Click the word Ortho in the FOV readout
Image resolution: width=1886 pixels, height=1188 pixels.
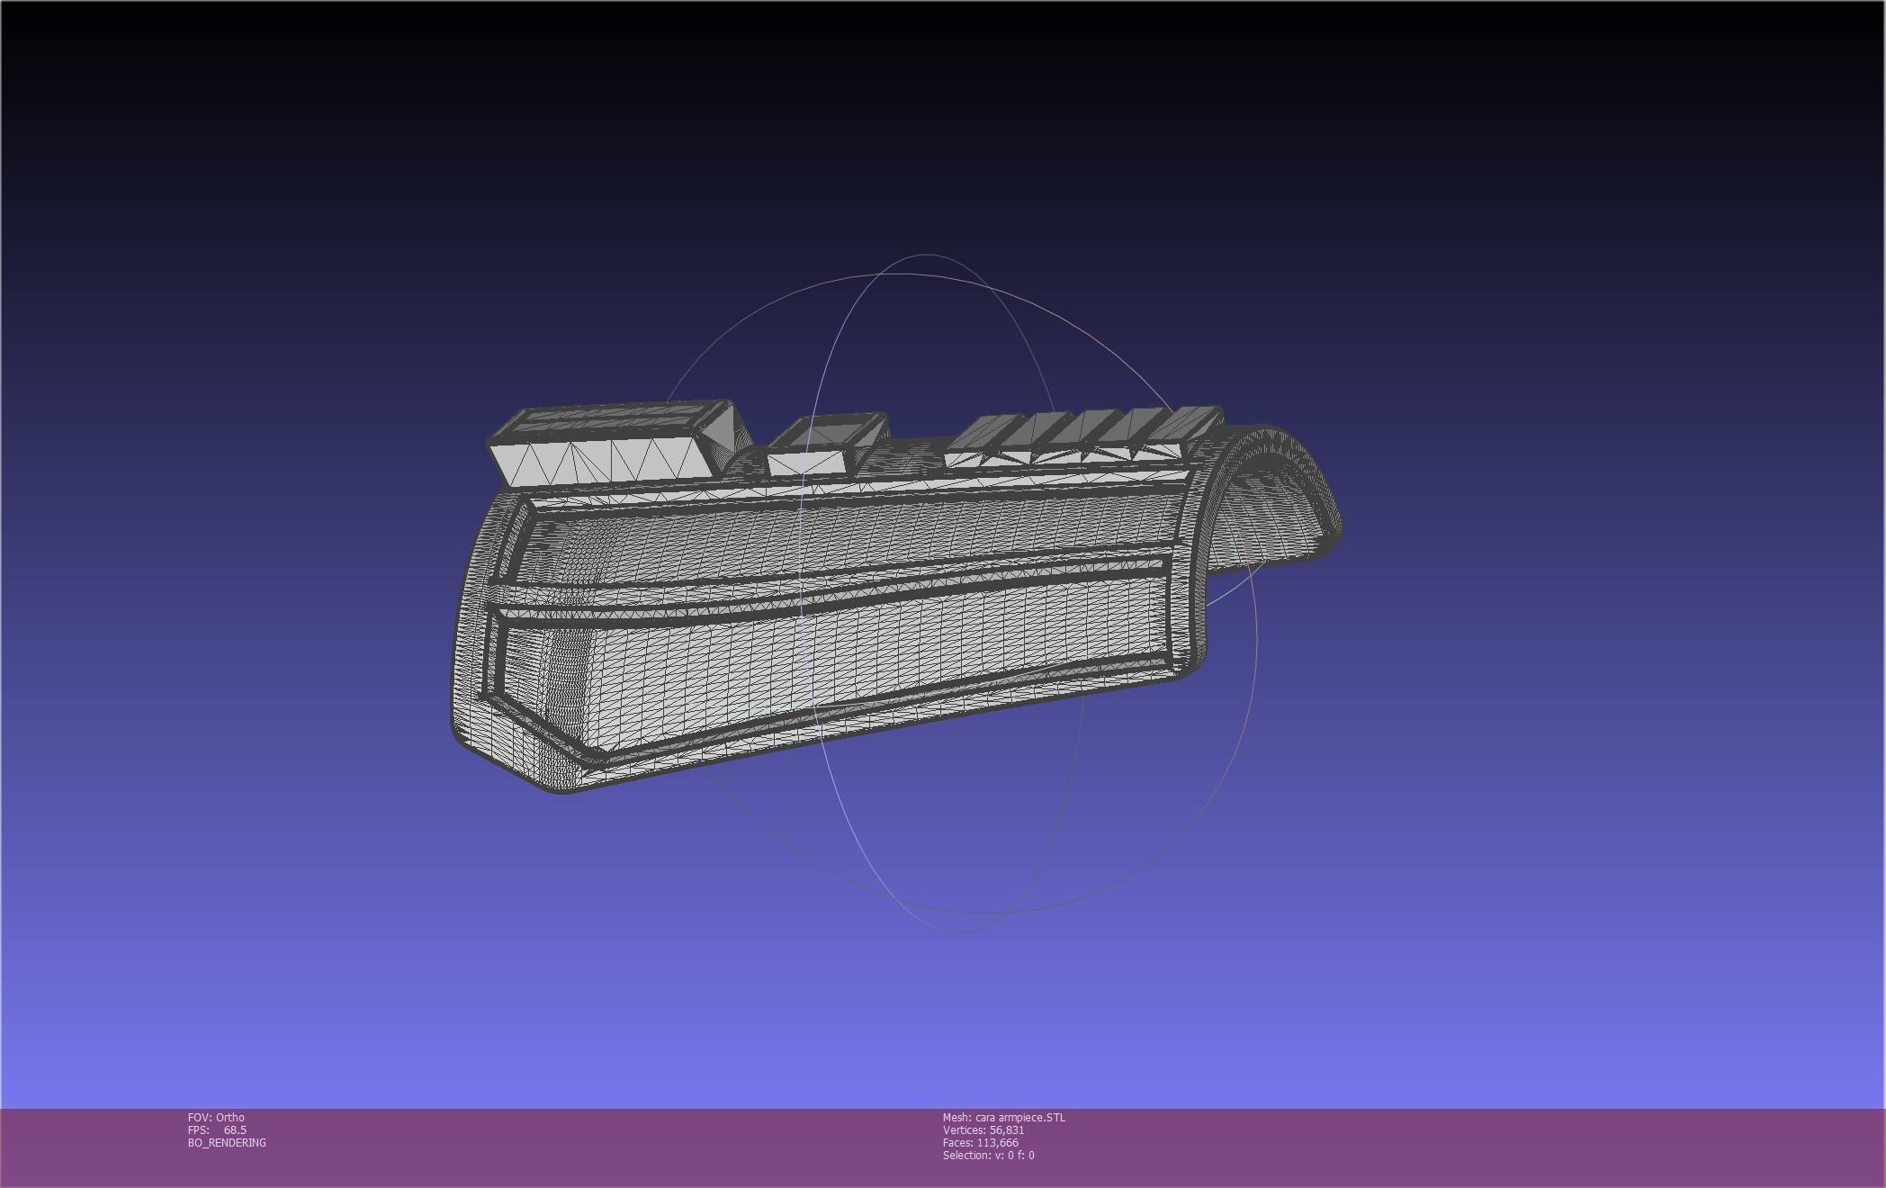pos(230,1117)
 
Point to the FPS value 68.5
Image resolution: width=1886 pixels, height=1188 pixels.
pos(235,1129)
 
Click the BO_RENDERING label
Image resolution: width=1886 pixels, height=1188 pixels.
pos(227,1142)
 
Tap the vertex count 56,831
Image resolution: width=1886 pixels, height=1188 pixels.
pos(1006,1129)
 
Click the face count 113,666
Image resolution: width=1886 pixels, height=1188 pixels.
pos(998,1142)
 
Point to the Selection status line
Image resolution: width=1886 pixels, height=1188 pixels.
pos(988,1155)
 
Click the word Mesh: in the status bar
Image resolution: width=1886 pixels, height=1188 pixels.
pos(957,1117)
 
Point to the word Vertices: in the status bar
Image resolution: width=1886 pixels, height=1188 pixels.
pos(964,1129)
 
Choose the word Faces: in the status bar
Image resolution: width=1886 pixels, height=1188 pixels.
pos(957,1142)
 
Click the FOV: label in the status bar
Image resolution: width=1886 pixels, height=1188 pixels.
pos(200,1117)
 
